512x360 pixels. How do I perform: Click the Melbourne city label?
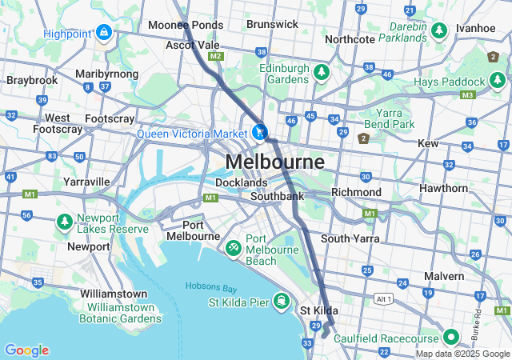pyautogui.click(x=274, y=162)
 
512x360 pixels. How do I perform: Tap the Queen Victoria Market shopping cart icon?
pyautogui.click(x=259, y=132)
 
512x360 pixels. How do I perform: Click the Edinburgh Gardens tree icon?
pyautogui.click(x=322, y=73)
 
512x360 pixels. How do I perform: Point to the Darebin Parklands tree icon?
pyautogui.click(x=438, y=31)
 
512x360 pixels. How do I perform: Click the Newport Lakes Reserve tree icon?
pyautogui.click(x=64, y=223)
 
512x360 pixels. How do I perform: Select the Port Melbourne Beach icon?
pyautogui.click(x=234, y=248)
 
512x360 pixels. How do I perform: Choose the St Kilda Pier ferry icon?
pyautogui.click(x=280, y=302)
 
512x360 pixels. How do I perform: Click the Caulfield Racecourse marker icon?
pyautogui.click(x=450, y=338)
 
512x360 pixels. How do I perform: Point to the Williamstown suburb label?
pyautogui.click(x=113, y=294)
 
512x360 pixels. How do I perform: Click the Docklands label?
pyautogui.click(x=241, y=182)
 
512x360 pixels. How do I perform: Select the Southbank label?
pyautogui.click(x=277, y=196)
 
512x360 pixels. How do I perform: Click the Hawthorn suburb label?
pyautogui.click(x=444, y=188)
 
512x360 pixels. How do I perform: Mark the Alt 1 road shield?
pyautogui.click(x=384, y=298)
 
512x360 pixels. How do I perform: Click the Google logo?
pyautogui.click(x=26, y=350)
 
